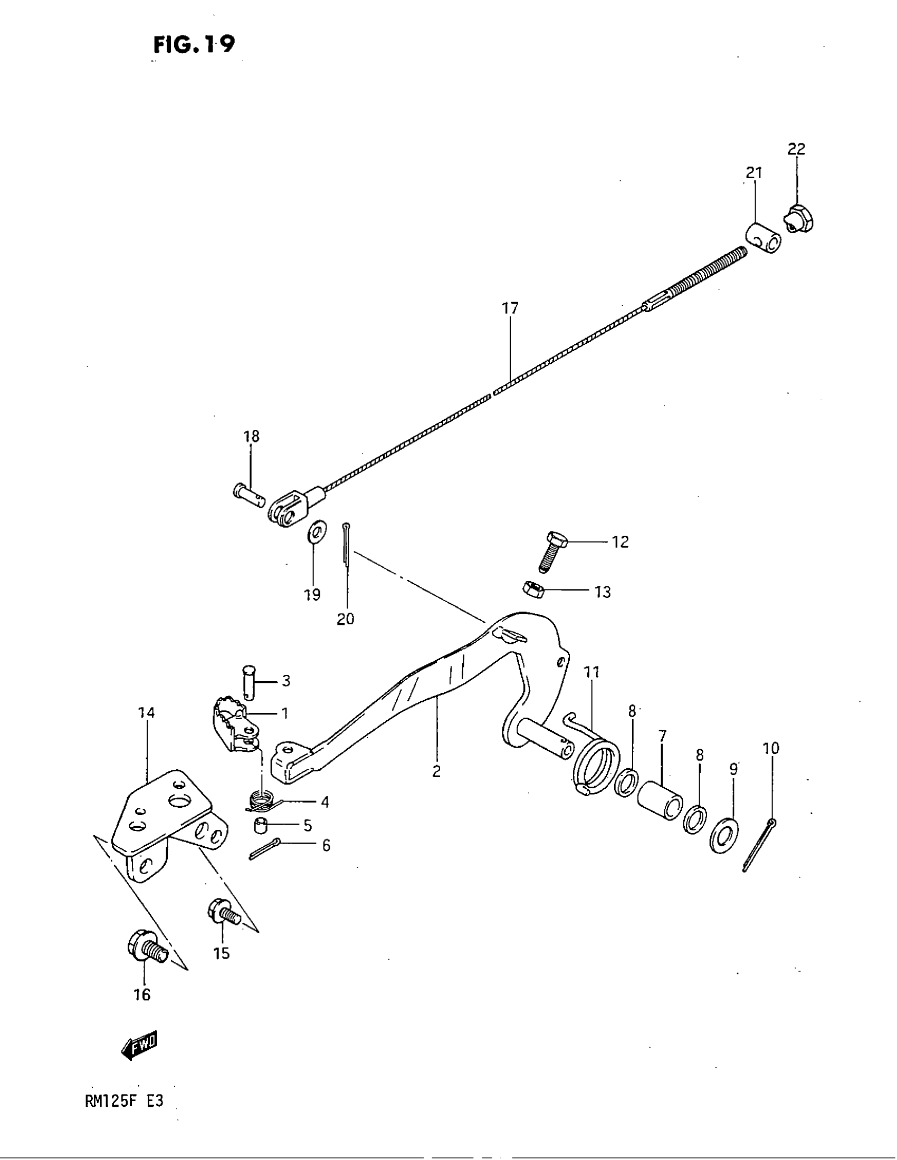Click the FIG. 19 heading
(194, 46)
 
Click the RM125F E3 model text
(124, 1116)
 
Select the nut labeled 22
(799, 220)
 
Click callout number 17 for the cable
(509, 308)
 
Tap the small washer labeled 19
(317, 532)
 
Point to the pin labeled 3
(249, 682)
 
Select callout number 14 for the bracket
(146, 713)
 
